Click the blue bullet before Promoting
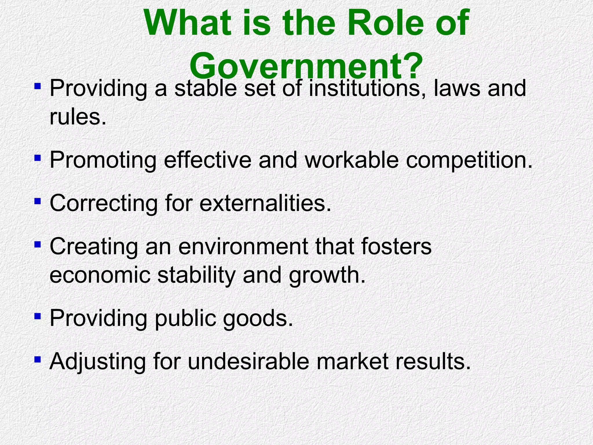37,158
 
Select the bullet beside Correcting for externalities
37,201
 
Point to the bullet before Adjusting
37,360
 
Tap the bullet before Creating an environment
37,245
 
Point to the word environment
243,247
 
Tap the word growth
327,275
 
